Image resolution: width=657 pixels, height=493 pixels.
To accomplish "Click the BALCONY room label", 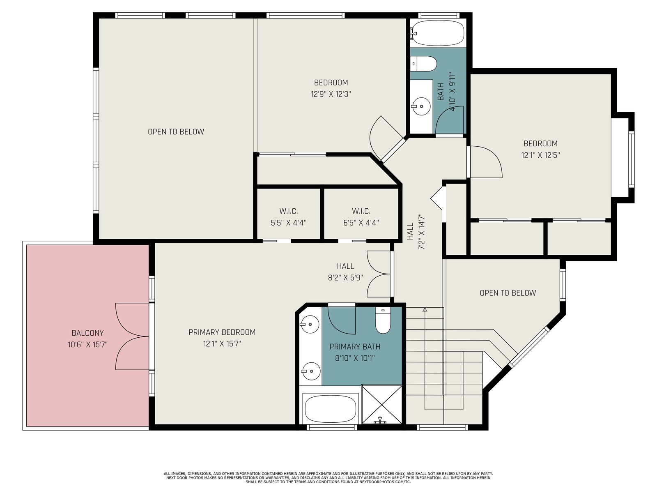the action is pyautogui.click(x=88, y=333).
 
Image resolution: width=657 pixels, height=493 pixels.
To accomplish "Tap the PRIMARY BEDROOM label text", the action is pyautogui.click(x=222, y=332).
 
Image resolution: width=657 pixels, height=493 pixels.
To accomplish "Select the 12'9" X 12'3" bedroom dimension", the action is pyautogui.click(x=331, y=94).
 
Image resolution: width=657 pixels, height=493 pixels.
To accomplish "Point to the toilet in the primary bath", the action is pyautogui.click(x=383, y=320).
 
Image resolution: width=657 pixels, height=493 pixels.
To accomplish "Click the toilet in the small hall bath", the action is pyautogui.click(x=423, y=64).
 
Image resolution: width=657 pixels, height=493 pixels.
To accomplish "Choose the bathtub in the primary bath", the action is pyautogui.click(x=330, y=409).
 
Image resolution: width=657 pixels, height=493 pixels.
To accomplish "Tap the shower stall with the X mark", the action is pyautogui.click(x=381, y=405).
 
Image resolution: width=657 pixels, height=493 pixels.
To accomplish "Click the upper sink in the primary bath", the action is pyautogui.click(x=310, y=325).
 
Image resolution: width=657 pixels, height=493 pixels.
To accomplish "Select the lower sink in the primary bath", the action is pyautogui.click(x=310, y=371).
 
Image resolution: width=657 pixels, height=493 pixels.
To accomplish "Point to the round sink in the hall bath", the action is pyautogui.click(x=421, y=106).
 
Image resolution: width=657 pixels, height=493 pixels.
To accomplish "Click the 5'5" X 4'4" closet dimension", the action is pyautogui.click(x=289, y=223).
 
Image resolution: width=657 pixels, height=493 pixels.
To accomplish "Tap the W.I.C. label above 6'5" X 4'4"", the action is pyautogui.click(x=361, y=211).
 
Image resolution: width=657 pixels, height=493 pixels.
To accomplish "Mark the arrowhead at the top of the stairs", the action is pyautogui.click(x=425, y=309).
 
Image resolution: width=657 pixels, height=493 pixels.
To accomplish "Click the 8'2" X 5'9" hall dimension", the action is pyautogui.click(x=345, y=278).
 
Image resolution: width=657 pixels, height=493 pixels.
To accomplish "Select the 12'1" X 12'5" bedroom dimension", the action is pyautogui.click(x=540, y=155).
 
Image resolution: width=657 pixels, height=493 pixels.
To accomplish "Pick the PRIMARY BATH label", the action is pyautogui.click(x=355, y=347).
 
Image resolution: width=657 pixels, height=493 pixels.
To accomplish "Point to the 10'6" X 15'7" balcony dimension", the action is pyautogui.click(x=87, y=345).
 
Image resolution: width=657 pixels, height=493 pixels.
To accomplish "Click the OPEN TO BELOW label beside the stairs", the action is pyautogui.click(x=508, y=293).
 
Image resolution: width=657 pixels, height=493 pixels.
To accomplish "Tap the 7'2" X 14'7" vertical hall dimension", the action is pyautogui.click(x=422, y=231).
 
